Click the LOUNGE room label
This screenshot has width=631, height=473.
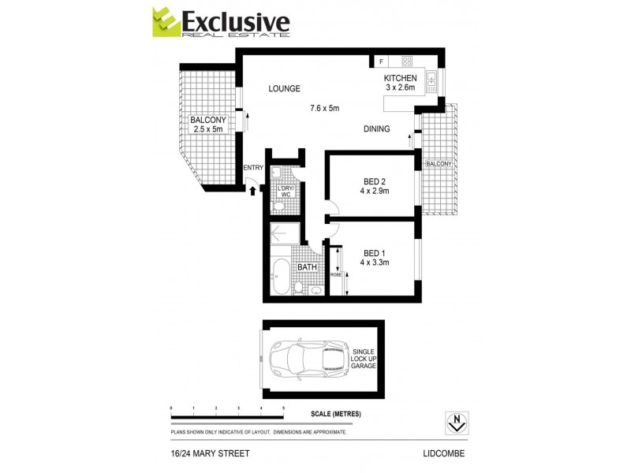point(284,88)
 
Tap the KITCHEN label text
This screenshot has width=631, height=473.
point(400,78)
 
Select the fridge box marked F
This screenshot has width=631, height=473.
point(381,61)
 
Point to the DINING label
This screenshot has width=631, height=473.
point(376,128)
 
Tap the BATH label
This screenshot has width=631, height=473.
point(307,267)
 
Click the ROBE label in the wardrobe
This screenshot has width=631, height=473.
point(335,274)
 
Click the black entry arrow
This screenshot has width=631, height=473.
point(252,189)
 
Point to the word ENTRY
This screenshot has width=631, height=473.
point(253,168)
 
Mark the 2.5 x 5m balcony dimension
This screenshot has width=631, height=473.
point(208,129)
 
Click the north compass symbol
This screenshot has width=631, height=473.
point(455,423)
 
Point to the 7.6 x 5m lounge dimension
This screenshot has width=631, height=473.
point(324,108)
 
